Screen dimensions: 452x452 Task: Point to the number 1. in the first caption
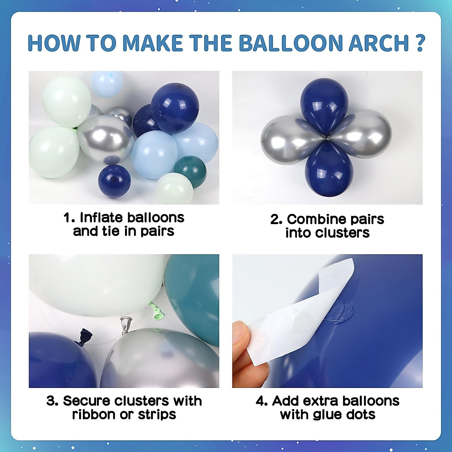coord(69,218)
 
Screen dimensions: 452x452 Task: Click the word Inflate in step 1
coord(102,218)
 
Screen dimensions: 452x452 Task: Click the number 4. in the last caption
coord(262,401)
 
